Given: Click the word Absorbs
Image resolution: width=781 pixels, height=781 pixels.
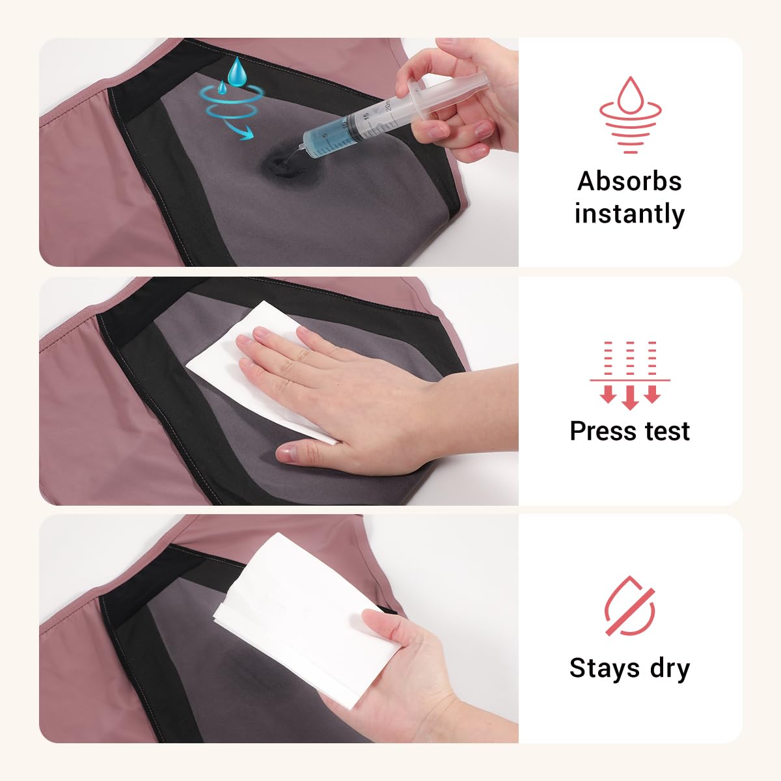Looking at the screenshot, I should (629, 181).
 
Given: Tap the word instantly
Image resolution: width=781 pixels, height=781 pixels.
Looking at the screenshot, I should (629, 213).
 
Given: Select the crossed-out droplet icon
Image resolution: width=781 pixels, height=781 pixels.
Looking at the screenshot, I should (630, 605).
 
